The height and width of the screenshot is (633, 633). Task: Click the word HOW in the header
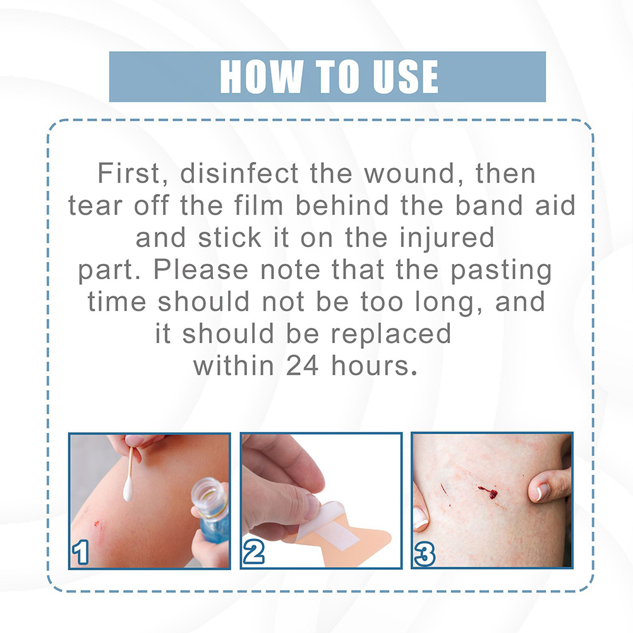261,76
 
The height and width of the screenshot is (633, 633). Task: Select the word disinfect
239,173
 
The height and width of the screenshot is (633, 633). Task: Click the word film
259,205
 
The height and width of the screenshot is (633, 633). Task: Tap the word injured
447,238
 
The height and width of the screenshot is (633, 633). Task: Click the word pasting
501,270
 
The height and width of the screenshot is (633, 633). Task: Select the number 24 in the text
303,366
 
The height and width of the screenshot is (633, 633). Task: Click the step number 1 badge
80,552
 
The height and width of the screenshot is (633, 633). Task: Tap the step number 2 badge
254,552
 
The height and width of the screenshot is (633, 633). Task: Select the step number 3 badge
425,553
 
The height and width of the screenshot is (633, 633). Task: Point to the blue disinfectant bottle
210,510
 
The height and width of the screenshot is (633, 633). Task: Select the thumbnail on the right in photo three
543,491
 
